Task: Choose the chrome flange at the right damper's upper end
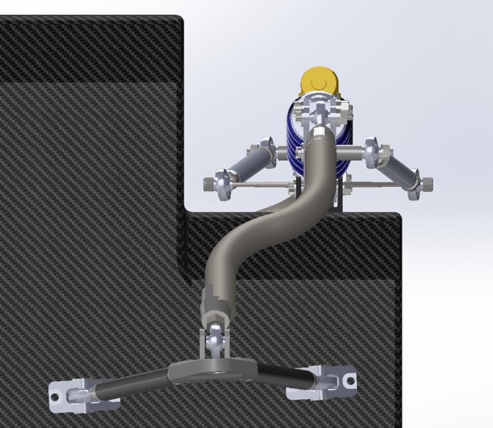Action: (372, 152)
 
